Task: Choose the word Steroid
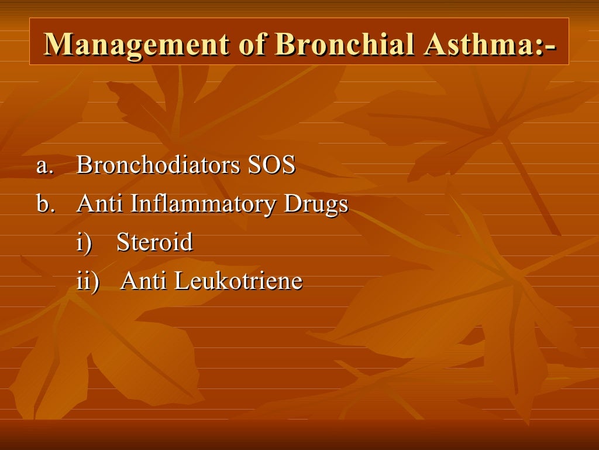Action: [x=154, y=242]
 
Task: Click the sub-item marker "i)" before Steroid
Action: [x=84, y=243]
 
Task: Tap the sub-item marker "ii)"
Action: [x=88, y=281]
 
